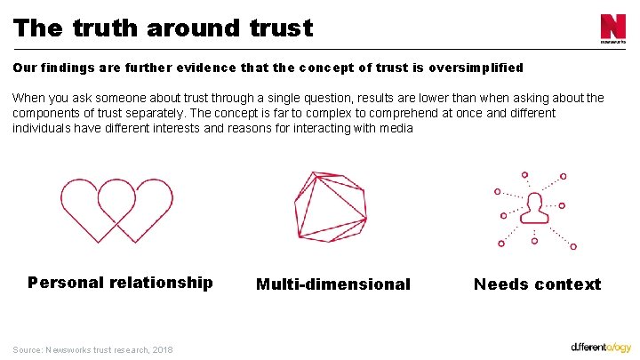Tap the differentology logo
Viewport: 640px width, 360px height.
[x=601, y=346]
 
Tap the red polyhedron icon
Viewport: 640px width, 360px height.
[x=330, y=206]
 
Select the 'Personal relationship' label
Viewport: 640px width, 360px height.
[x=120, y=283]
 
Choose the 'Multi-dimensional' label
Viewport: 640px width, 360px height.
[x=333, y=284]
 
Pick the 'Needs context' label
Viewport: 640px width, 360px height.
[x=537, y=284]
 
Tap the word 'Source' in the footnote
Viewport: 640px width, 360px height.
[x=28, y=349]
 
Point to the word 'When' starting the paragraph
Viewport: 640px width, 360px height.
[x=28, y=98]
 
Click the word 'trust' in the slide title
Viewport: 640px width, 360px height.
[x=281, y=28]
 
